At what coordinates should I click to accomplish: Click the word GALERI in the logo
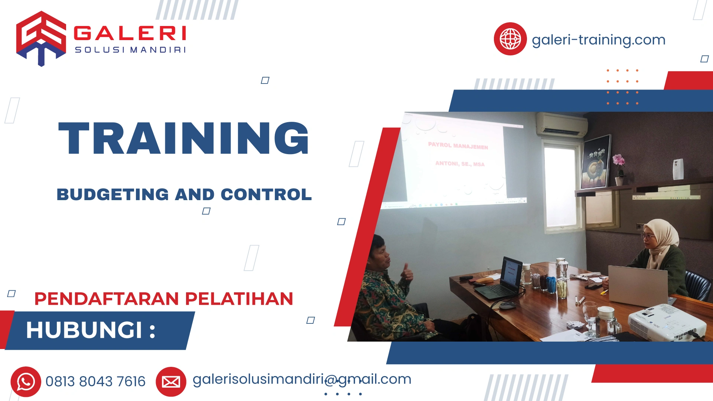[130, 33]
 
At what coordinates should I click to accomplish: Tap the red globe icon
[510, 39]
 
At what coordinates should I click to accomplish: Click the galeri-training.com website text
[598, 40]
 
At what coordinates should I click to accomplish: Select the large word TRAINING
[183, 138]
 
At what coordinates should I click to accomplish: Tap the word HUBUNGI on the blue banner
[84, 330]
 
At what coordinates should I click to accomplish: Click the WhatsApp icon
[26, 382]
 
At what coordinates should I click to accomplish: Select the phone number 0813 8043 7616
[95, 382]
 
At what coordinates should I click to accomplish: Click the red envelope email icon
[171, 382]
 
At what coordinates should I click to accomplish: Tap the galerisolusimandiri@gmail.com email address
[302, 379]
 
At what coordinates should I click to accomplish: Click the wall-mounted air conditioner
[561, 125]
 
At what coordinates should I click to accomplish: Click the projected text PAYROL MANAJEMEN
[458, 146]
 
